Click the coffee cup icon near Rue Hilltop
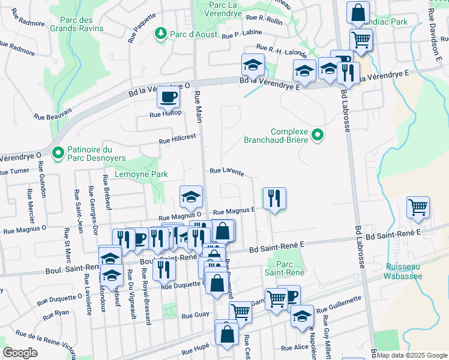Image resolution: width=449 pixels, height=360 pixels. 168,96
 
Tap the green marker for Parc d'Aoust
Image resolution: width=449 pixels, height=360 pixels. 160,32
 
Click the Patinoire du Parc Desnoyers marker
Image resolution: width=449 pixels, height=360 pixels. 58,154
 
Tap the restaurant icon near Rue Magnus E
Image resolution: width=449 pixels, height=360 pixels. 274,197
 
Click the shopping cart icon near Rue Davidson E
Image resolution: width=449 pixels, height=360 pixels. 418,208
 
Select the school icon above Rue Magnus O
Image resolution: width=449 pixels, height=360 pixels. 191,197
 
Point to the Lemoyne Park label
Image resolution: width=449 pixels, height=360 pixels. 143,174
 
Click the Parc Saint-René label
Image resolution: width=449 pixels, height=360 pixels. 286,268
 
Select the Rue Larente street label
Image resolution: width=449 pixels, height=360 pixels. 226,172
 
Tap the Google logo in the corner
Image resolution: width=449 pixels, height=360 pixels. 20,353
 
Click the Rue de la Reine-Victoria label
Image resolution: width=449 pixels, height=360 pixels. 44,341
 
